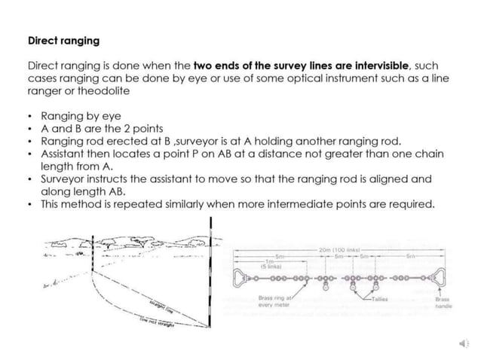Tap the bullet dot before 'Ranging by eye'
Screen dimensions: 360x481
pos(29,117)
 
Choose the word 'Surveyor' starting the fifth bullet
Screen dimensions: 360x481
pos(64,178)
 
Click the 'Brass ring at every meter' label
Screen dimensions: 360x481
pos(274,302)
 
